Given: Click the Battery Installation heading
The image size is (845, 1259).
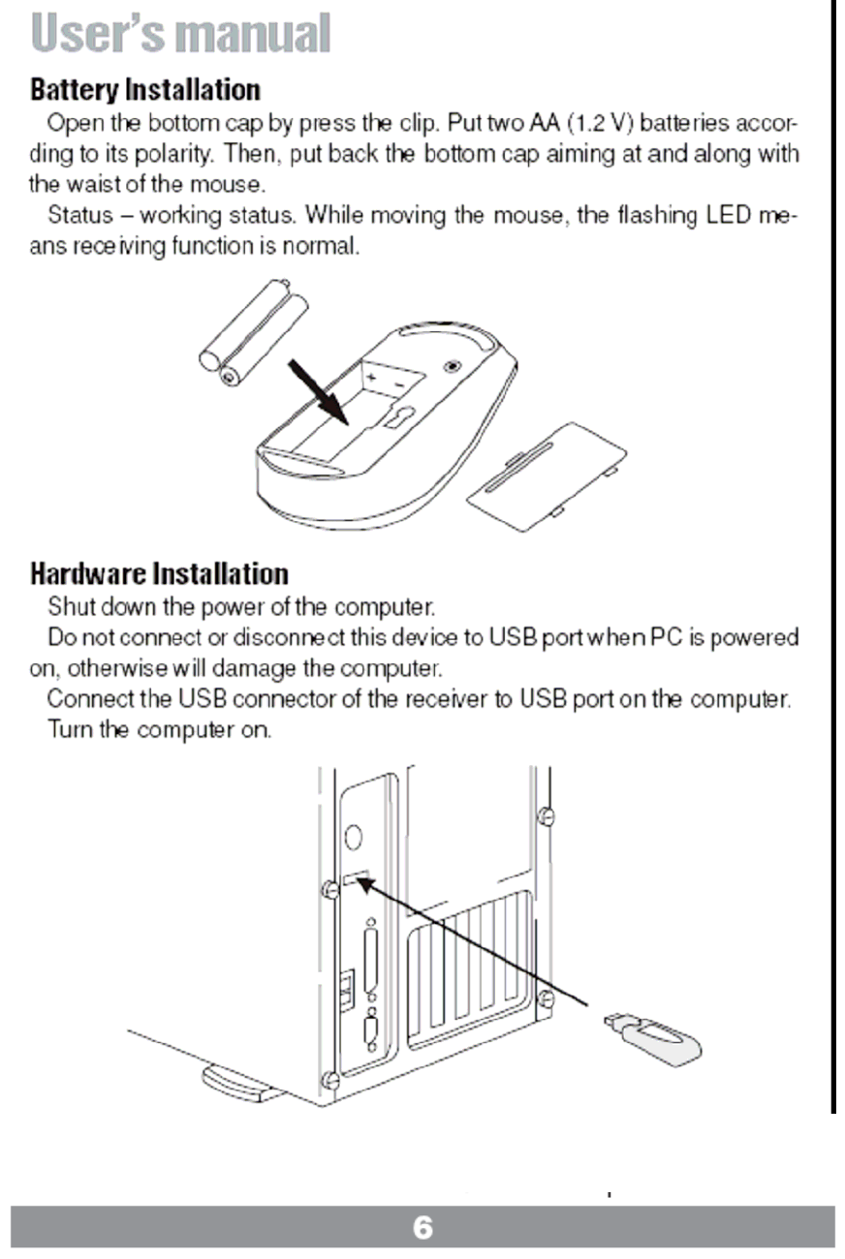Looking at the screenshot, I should pos(145,90).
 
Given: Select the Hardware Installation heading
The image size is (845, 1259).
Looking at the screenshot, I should pos(159,573).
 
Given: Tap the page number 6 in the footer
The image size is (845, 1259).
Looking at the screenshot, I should pos(422,1228).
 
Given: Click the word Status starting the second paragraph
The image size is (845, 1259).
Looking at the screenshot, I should pos(80,216).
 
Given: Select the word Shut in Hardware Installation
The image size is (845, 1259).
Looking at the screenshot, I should pos(69,608).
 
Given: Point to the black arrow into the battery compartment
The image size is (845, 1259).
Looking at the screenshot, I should pos(321,390).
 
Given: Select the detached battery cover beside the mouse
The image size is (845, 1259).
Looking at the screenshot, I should pos(547,476).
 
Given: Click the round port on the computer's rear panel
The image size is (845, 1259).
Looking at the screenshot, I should pos(354,836).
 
